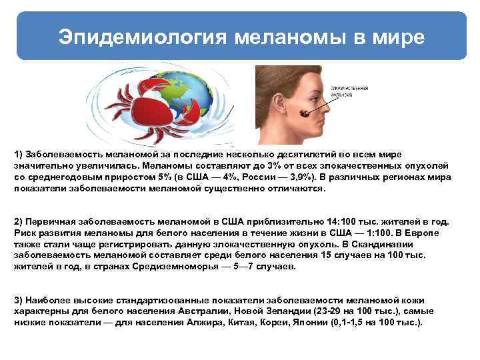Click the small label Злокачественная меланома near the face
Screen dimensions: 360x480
[x=351, y=91]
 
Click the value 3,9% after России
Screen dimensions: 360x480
[x=293, y=177]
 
